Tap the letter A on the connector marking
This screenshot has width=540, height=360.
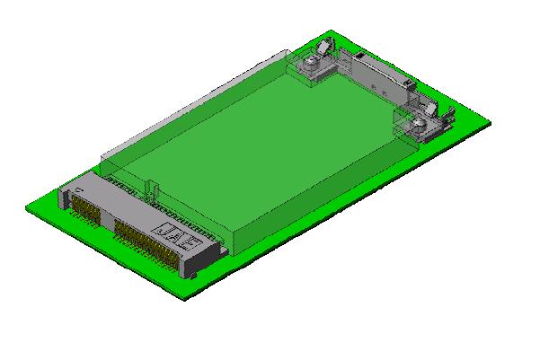coord(176,239)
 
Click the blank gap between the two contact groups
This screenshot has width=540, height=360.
coord(107,220)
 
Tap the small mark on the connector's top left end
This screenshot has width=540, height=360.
coord(80,190)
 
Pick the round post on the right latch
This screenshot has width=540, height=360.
coord(419,123)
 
